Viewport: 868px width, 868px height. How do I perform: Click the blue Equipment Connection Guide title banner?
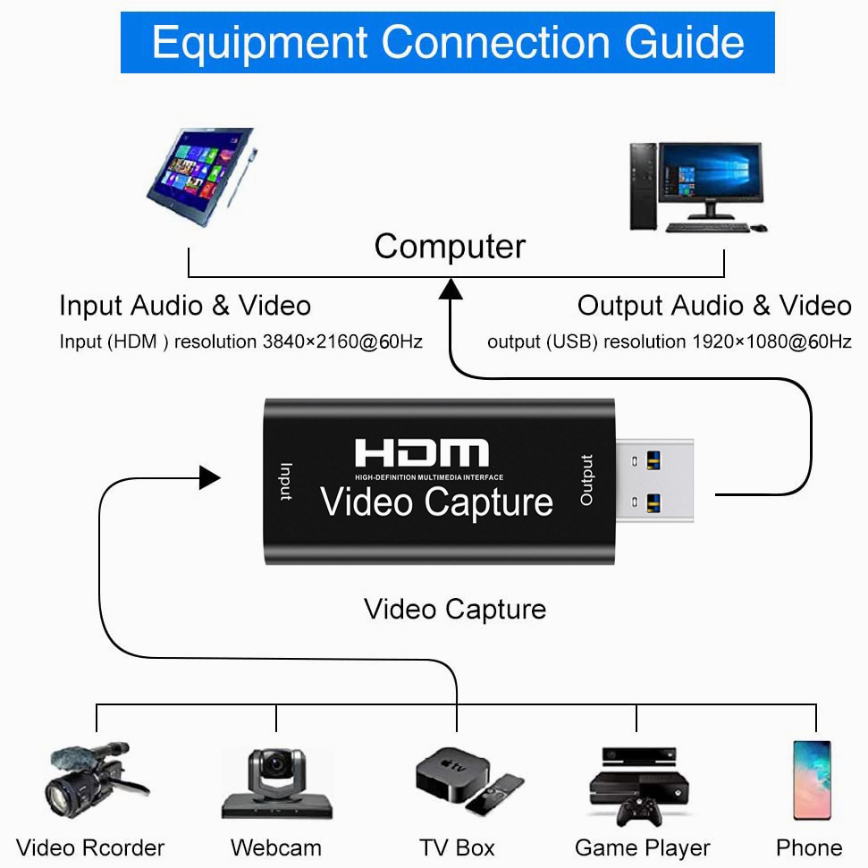tap(447, 42)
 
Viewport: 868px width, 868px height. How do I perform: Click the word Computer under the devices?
tap(450, 247)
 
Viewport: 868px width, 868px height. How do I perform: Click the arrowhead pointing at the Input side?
tap(210, 477)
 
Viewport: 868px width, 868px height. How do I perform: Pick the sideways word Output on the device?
tap(586, 480)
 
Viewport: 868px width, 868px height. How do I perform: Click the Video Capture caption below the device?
tap(455, 610)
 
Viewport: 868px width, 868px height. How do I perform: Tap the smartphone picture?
tap(811, 780)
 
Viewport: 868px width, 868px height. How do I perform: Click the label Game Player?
tap(642, 847)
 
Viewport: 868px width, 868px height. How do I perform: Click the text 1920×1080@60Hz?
tap(771, 341)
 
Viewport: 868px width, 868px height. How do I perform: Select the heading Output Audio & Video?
tap(713, 306)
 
